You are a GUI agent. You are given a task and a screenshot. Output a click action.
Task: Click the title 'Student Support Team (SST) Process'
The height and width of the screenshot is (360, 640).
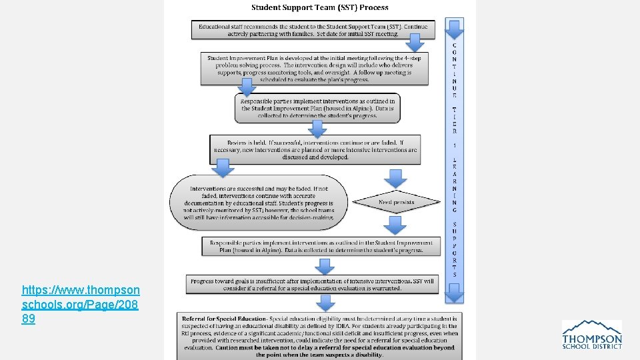click(319, 7)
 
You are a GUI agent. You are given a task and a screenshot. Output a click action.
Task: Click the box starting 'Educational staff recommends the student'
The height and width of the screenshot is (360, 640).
click(313, 29)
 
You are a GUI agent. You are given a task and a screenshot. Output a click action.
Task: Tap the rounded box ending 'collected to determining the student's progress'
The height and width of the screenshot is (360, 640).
click(317, 108)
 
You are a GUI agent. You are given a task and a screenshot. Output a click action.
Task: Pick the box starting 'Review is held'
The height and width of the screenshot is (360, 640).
click(315, 150)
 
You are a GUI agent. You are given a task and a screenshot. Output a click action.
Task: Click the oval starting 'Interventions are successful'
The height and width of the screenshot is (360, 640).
click(259, 203)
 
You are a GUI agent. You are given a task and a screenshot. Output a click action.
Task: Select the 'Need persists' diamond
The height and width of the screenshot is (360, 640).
click(396, 202)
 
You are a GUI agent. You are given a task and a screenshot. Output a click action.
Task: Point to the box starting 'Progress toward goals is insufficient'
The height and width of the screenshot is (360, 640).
click(312, 285)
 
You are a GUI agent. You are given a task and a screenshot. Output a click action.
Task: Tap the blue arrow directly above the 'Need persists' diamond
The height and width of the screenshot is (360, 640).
click(396, 178)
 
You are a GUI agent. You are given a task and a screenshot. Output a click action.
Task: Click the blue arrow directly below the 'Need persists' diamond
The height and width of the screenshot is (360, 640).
click(396, 226)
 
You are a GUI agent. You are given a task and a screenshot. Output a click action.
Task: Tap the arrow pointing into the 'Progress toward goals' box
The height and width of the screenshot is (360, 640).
click(325, 266)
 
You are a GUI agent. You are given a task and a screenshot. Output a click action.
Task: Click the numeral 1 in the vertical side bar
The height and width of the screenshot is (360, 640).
click(455, 145)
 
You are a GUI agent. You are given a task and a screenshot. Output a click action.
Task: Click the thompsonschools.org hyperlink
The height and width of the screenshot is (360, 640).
click(80, 305)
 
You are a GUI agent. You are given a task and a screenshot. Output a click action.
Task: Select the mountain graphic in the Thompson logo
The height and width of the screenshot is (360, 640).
click(593, 327)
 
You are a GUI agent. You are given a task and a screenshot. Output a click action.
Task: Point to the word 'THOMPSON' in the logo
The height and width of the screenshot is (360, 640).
click(592, 339)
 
